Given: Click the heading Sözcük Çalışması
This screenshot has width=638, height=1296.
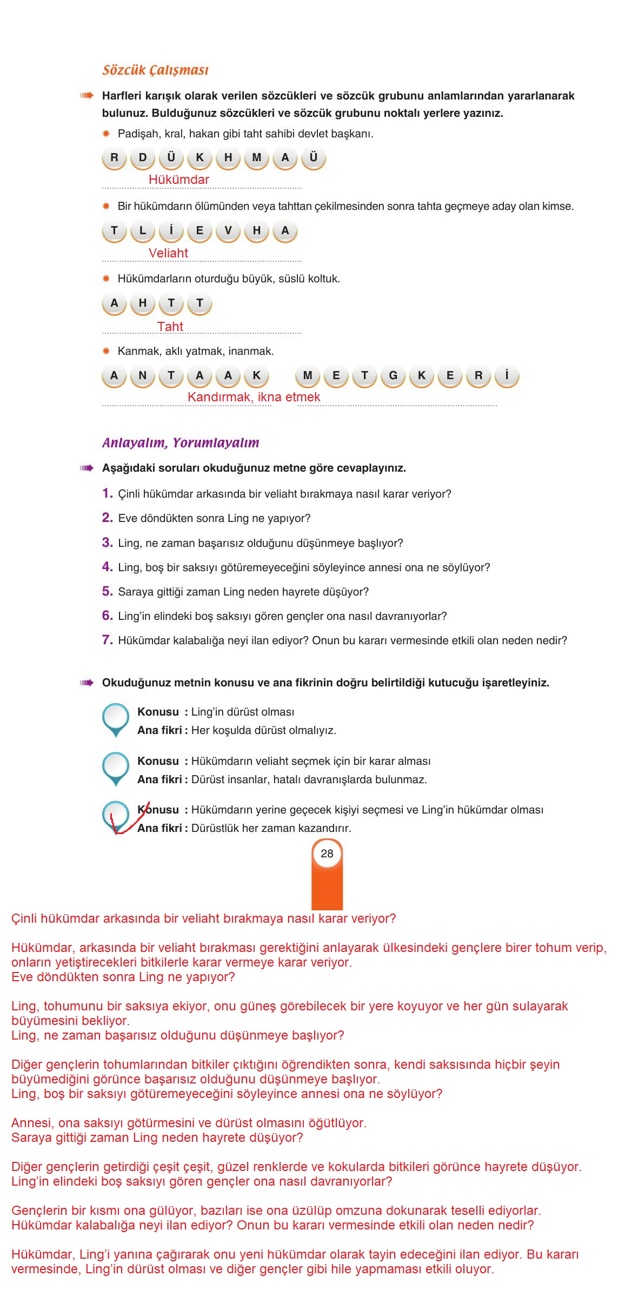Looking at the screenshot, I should pyautogui.click(x=155, y=70).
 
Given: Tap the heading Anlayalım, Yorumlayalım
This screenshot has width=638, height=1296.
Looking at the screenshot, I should pyautogui.click(x=181, y=443).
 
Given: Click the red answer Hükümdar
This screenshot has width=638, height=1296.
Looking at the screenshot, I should pyautogui.click(x=178, y=180).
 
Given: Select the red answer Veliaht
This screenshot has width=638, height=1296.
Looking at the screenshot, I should pyautogui.click(x=168, y=253).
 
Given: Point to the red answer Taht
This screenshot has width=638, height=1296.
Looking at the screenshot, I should pyautogui.click(x=170, y=327).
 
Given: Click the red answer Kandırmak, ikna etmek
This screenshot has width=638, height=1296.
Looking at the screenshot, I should pyautogui.click(x=254, y=397).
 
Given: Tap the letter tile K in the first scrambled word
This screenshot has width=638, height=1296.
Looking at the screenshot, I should pyautogui.click(x=200, y=158).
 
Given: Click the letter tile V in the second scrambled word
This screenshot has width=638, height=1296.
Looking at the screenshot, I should pyautogui.click(x=228, y=231).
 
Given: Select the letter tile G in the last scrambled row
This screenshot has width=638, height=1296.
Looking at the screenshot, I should pyautogui.click(x=393, y=376).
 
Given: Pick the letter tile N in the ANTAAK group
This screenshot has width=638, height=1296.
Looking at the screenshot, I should pyautogui.click(x=143, y=376).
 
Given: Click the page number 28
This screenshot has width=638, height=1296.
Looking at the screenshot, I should pyautogui.click(x=327, y=854).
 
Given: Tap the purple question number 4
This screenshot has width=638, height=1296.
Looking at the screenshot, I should pyautogui.click(x=107, y=567).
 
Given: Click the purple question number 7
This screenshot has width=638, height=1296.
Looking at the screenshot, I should pyautogui.click(x=107, y=640).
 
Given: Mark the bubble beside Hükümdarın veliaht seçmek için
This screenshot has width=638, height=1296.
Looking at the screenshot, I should pyautogui.click(x=116, y=767).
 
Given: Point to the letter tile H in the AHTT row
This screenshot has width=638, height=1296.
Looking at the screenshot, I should pyautogui.click(x=143, y=303).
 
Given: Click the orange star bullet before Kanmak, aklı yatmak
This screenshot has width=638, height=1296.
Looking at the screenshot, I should pyautogui.click(x=107, y=352).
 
